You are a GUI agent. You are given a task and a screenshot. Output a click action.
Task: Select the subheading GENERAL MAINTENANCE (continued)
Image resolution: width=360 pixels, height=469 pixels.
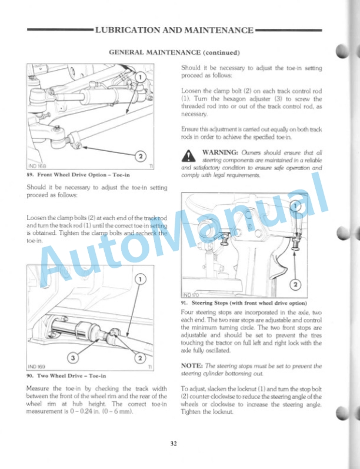[x=174, y=52]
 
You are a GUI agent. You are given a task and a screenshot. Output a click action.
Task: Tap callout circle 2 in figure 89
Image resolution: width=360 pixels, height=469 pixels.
[x=140, y=156]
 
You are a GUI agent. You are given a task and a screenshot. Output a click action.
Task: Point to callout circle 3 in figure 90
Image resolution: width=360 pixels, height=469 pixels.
[x=73, y=357]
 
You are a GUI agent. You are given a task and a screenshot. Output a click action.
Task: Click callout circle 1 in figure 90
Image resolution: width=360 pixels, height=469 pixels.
[x=140, y=279]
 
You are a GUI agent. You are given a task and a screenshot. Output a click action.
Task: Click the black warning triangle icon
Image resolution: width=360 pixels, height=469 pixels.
[x=188, y=154]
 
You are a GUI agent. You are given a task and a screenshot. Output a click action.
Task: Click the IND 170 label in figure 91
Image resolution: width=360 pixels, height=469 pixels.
[x=191, y=294]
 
